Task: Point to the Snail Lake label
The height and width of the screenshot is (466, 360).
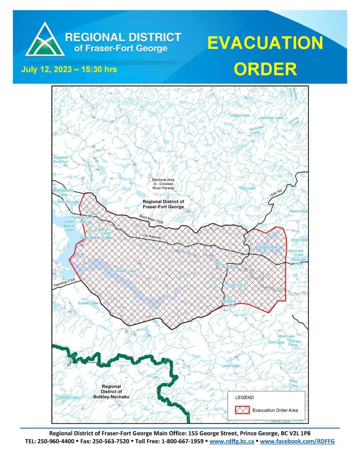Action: (299, 240)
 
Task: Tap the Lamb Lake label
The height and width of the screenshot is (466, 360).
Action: (231, 366)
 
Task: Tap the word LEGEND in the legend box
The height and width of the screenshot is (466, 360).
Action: (245, 397)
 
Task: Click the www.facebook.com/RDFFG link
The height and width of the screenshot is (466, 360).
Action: (300, 442)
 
